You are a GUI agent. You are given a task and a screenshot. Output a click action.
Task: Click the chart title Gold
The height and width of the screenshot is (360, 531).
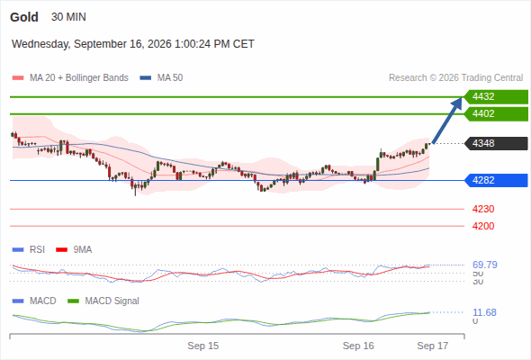tap(24, 17)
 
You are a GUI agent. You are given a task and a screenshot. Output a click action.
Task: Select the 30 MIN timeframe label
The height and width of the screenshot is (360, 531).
tap(68, 17)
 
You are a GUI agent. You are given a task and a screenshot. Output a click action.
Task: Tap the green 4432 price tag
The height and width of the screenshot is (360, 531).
tap(496, 97)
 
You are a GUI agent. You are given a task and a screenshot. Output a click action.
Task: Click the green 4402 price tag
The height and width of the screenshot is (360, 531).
tap(496, 113)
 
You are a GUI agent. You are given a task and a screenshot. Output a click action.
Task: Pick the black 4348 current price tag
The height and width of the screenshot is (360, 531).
tap(496, 143)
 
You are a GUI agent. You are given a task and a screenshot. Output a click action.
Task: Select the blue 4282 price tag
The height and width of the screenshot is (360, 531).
tap(496, 180)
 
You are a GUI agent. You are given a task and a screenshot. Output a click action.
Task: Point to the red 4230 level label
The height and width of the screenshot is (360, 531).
tap(483, 209)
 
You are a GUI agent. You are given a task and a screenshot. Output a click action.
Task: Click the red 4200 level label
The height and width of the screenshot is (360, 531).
tap(483, 226)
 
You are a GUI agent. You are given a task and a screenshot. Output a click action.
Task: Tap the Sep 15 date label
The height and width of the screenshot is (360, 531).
tap(203, 346)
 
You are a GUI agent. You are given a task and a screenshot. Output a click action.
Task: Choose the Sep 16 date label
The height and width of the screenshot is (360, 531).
tap(358, 346)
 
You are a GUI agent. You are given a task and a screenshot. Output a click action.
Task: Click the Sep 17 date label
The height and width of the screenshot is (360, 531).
tap(433, 346)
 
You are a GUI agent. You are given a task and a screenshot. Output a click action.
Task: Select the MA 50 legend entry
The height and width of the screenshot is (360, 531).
tap(161, 78)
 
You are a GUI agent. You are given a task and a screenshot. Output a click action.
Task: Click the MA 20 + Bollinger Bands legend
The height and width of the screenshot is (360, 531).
tap(70, 78)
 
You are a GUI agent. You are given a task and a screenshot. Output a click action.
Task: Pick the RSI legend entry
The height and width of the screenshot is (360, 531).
tap(29, 249)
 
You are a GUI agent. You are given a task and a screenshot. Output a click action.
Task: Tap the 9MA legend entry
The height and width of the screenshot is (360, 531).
tap(74, 249)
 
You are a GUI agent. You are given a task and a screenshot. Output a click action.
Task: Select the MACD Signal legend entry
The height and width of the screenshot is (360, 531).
tap(103, 301)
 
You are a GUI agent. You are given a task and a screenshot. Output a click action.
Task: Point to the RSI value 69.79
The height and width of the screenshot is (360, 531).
tap(485, 265)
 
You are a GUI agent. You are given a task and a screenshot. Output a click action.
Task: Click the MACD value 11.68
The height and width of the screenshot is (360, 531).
tap(484, 312)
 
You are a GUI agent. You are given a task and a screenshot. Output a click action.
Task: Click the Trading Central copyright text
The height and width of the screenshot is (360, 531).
tap(455, 78)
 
